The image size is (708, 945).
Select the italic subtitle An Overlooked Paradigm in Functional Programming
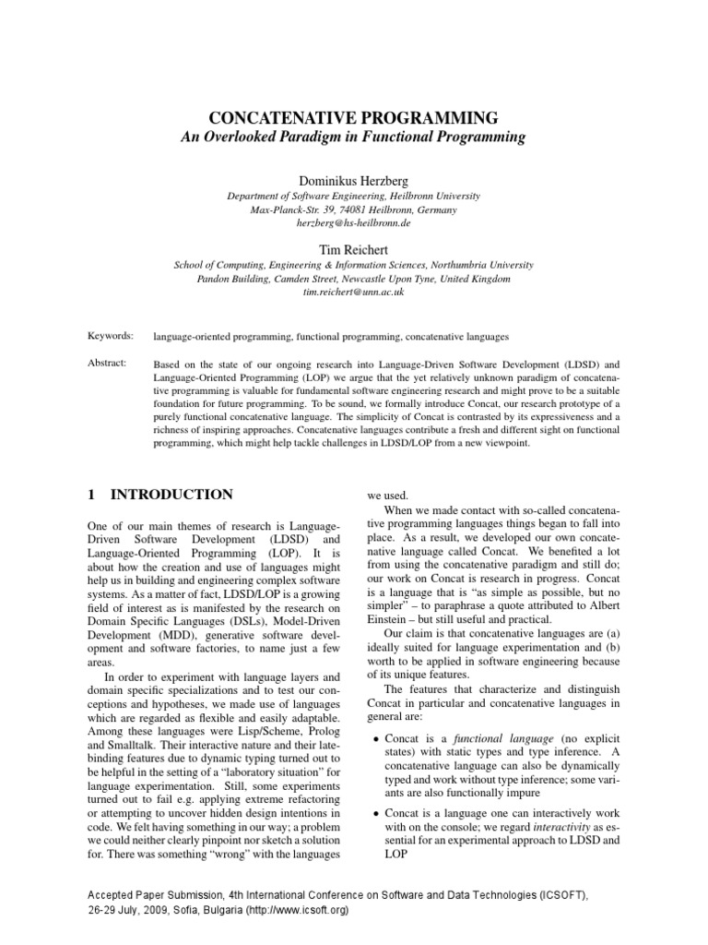point(354,138)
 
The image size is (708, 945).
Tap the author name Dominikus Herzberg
point(354,180)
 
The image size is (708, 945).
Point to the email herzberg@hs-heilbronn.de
point(354,223)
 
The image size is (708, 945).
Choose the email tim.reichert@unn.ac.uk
point(354,292)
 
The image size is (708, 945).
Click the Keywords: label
point(111,336)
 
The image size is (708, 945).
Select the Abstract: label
point(107,364)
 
